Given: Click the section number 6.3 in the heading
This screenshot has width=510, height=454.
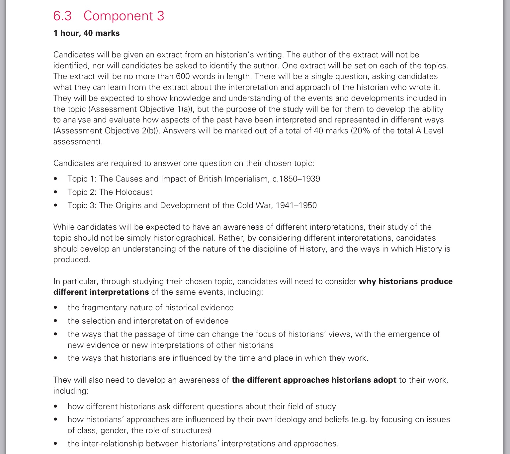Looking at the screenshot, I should coord(62,16).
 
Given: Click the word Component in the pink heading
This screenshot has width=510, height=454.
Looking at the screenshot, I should coord(118,16).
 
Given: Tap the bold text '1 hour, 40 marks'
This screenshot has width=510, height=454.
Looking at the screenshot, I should coord(86,33).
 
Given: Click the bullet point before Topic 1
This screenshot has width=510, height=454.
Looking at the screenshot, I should coord(55,179).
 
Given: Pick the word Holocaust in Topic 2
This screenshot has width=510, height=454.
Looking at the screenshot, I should coord(134,192).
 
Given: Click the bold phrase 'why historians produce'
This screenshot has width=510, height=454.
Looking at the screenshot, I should coord(406,281).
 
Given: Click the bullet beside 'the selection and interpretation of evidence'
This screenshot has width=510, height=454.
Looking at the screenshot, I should coord(55,321).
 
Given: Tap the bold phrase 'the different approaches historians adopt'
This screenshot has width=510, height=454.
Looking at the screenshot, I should coord(314,380).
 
